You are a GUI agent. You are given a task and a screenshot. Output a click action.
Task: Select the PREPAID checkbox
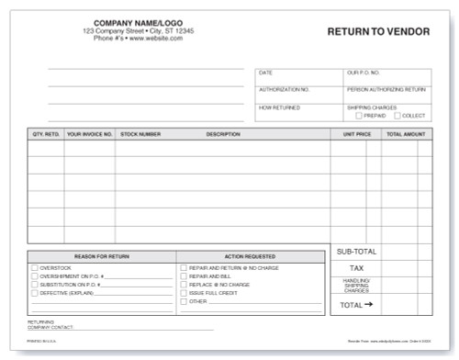358,116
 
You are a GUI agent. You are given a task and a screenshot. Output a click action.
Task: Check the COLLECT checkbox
397,116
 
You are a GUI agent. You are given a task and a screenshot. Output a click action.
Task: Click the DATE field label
265,72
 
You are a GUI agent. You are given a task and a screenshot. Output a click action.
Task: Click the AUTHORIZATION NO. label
285,90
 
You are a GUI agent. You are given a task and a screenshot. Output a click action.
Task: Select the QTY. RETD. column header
45,134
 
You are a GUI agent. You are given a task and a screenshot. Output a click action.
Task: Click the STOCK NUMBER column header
140,134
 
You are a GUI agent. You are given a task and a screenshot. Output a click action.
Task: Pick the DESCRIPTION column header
223,134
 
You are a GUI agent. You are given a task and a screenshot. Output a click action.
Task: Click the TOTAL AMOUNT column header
406,134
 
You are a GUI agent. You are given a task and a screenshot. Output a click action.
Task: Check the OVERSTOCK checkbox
35,267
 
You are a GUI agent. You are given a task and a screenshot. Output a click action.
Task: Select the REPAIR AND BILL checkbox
184,276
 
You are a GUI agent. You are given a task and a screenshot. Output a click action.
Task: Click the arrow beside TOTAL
369,304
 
